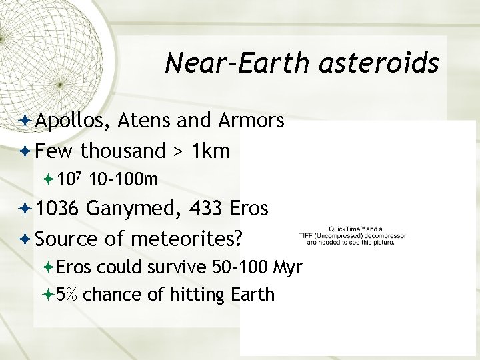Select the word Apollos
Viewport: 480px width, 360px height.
[73, 121]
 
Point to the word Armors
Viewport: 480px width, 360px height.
[251, 121]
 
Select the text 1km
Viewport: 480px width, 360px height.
[211, 151]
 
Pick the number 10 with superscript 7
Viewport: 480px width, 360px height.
[69, 179]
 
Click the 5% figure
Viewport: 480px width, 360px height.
[69, 294]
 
